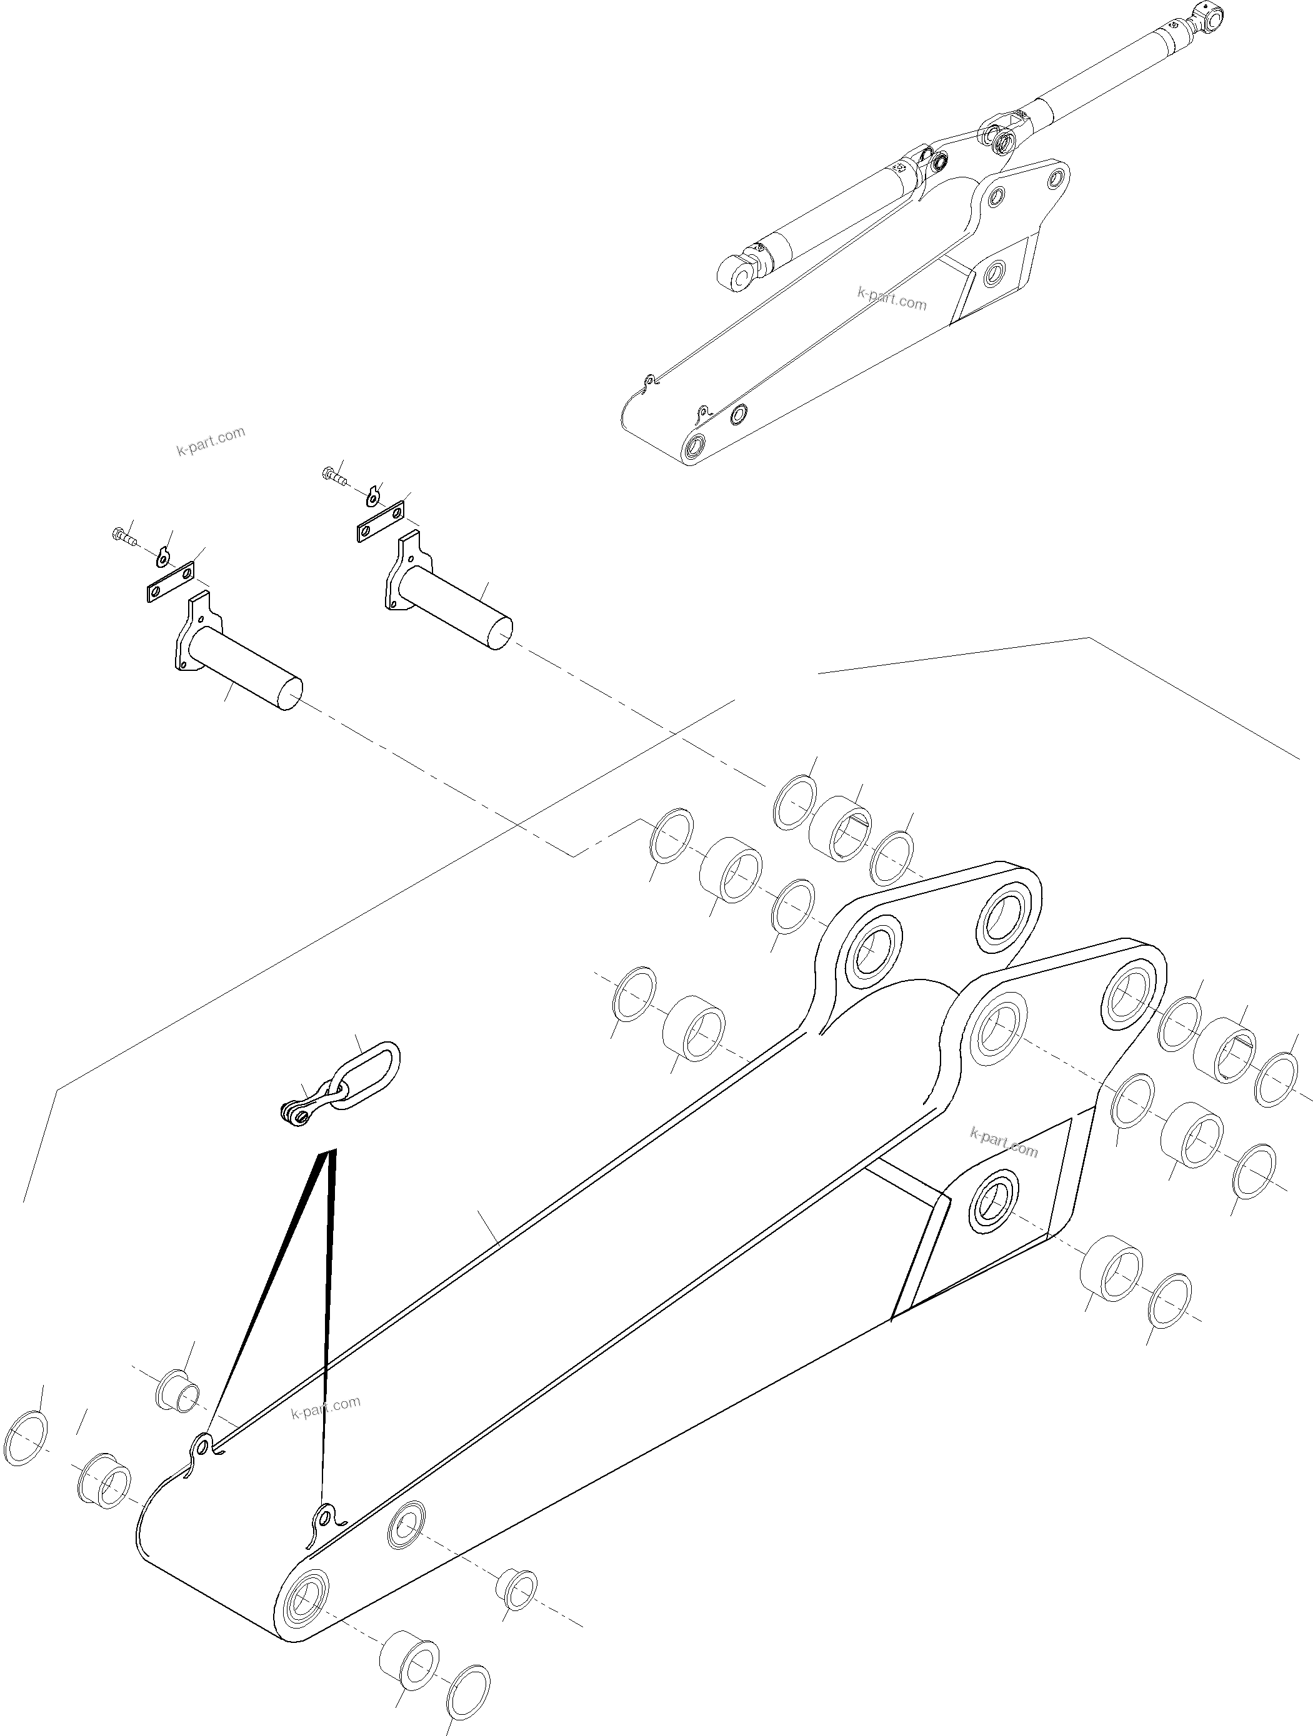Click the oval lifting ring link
coord(367,1076)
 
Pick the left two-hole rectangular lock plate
coord(171,582)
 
